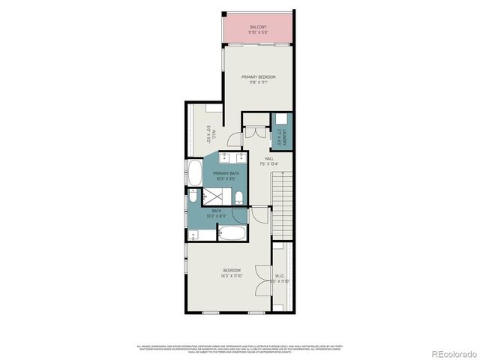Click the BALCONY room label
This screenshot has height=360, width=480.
[258, 28]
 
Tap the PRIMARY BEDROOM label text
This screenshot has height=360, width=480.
[258, 77]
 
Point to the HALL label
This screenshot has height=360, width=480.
[268, 158]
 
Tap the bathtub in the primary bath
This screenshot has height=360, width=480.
[193, 173]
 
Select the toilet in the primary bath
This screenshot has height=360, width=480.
[238, 198]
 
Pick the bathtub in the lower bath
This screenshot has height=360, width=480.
[232, 233]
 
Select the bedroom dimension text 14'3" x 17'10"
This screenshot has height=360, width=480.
[232, 275]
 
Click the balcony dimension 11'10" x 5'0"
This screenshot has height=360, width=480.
[258, 33]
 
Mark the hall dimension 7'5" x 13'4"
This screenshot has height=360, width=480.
[268, 163]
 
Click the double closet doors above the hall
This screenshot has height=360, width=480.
[256, 131]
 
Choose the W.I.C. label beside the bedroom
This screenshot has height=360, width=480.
[280, 277]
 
